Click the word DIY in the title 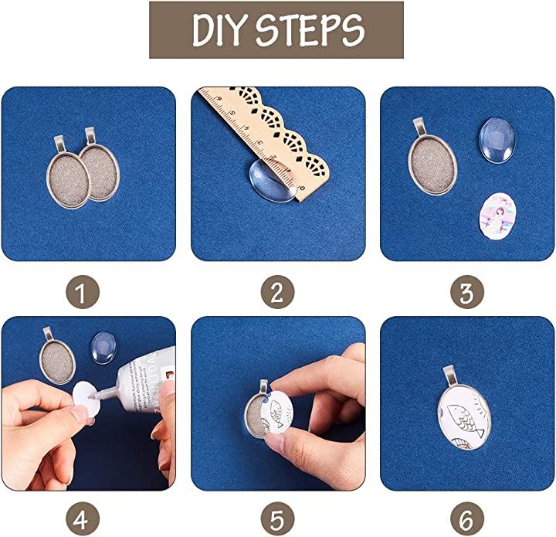pos(219,30)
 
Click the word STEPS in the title pos(310,30)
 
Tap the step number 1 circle pos(83,292)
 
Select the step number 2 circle pos(278,292)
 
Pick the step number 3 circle pos(467,292)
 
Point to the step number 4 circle pos(83,519)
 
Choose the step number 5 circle pos(278,519)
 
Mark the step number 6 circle pos(467,519)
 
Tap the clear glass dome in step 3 pos(497,140)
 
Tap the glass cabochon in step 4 pos(104,348)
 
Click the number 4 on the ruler pos(247,127)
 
